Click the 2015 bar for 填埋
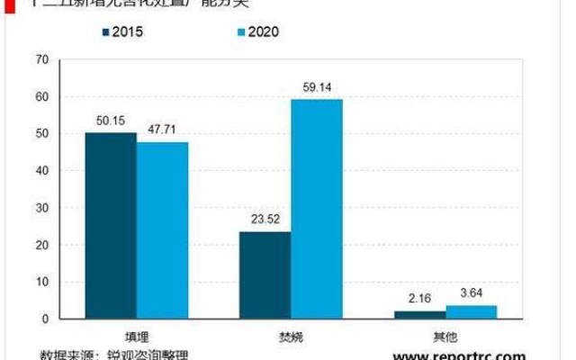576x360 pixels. click(x=111, y=226)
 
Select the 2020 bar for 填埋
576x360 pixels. click(x=162, y=230)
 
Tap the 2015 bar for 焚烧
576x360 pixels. click(x=265, y=275)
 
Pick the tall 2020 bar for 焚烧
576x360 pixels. click(x=316, y=209)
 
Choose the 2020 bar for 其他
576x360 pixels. click(x=471, y=312)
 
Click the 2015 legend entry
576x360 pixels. click(x=122, y=32)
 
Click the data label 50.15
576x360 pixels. click(x=112, y=121)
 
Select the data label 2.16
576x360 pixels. click(x=419, y=300)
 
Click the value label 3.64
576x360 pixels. click(x=472, y=294)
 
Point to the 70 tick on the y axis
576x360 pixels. click(x=41, y=60)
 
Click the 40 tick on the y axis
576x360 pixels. click(x=41, y=171)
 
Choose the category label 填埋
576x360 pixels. click(x=137, y=332)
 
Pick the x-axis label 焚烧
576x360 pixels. click(x=291, y=332)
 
